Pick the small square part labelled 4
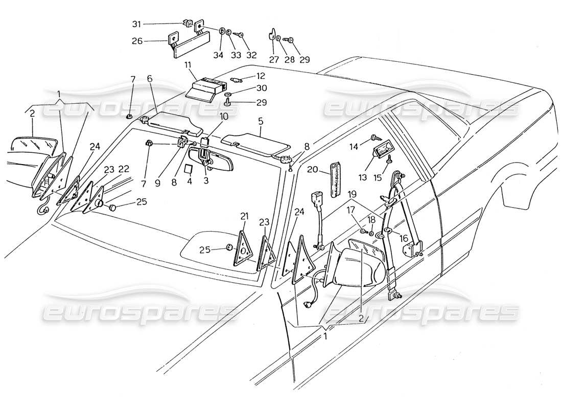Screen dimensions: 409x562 click(188, 168)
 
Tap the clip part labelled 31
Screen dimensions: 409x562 click(187, 23)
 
